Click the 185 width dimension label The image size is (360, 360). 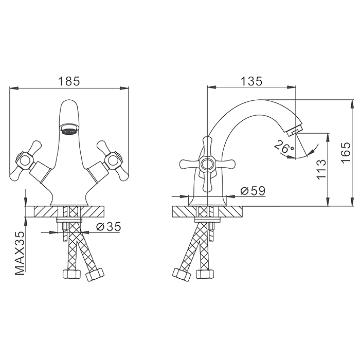(x=69, y=81)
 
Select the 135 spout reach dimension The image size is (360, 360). (x=251, y=81)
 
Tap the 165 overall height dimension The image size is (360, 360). (x=346, y=153)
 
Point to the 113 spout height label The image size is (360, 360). (x=321, y=169)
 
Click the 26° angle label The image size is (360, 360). (x=284, y=147)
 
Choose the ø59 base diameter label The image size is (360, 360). (x=253, y=191)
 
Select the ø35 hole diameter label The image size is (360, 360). (x=109, y=227)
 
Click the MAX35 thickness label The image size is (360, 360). (x=20, y=253)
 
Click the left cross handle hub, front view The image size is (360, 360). (x=25, y=160)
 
